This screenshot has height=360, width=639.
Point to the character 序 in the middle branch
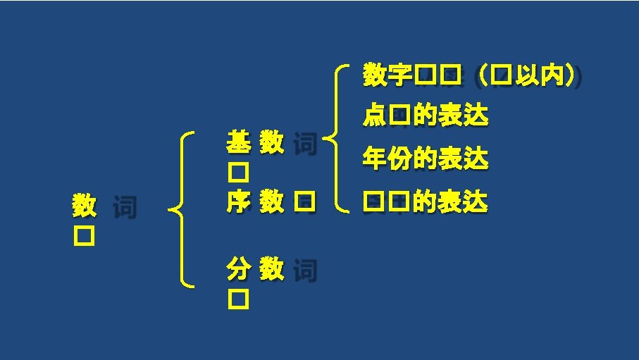237,203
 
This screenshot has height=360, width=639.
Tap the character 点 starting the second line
374,116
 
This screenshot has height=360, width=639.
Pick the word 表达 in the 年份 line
462,159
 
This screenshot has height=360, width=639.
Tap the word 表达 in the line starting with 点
462,116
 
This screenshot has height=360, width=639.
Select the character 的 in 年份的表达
425,159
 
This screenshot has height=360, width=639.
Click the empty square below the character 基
237,172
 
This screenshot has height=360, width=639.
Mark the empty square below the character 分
237,300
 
